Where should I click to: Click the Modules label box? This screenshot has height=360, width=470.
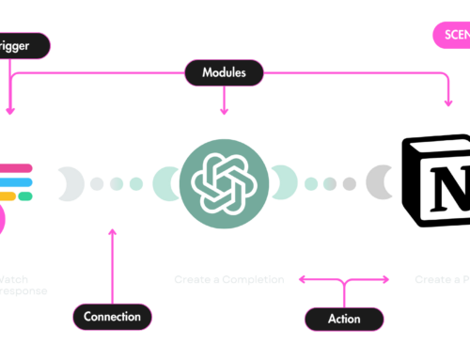[x=225, y=70]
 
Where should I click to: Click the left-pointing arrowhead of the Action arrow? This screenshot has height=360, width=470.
[x=303, y=279]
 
